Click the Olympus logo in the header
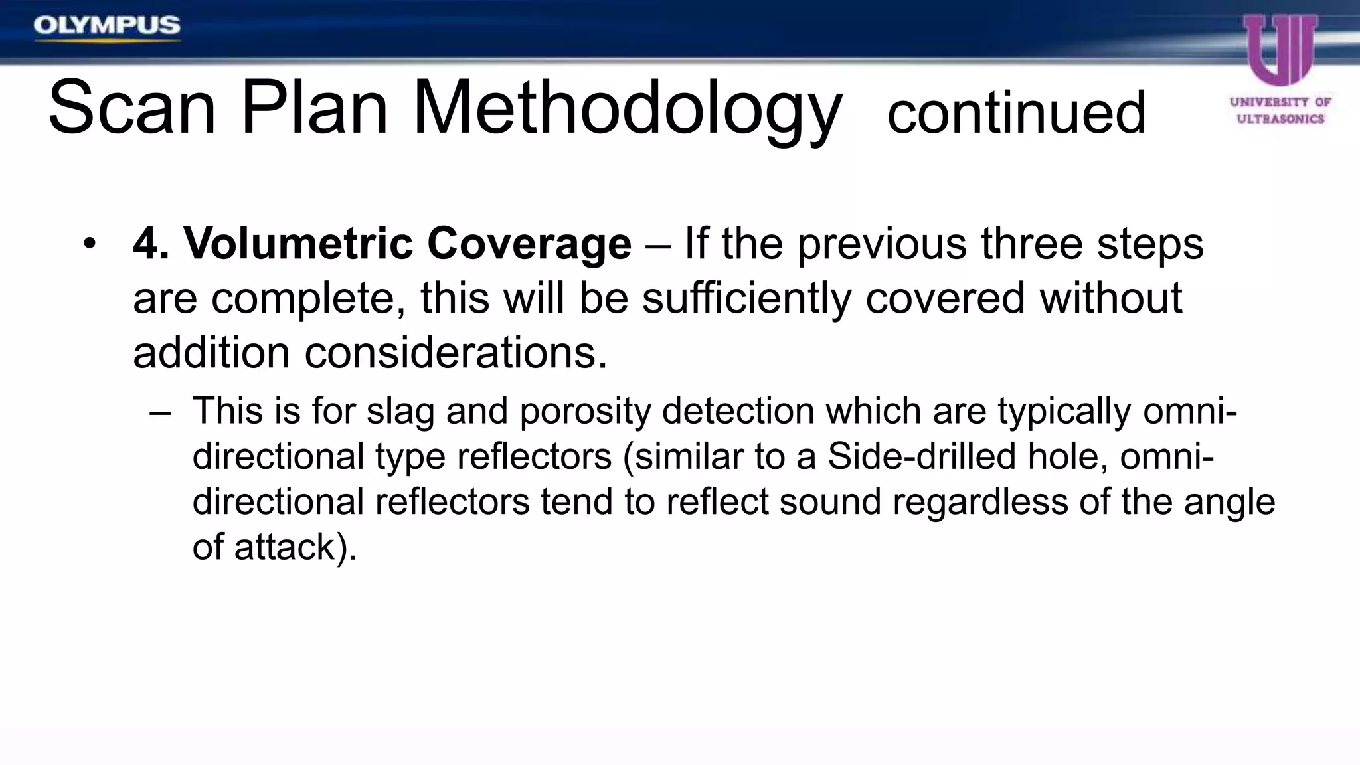(106, 26)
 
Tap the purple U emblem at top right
(1280, 50)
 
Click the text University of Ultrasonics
(1280, 110)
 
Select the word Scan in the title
(132, 108)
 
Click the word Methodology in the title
(627, 108)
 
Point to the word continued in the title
(1016, 113)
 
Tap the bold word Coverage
(529, 244)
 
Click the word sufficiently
(746, 298)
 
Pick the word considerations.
(456, 352)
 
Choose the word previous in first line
(882, 244)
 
